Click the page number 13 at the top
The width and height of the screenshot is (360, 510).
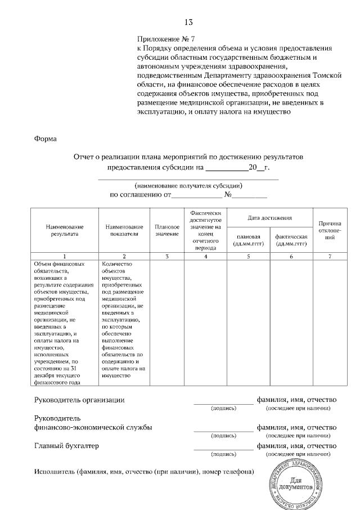click(188, 23)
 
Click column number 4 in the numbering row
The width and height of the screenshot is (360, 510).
click(205, 257)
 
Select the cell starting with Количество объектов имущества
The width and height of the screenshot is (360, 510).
click(123, 319)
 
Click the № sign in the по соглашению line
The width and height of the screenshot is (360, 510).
click(228, 195)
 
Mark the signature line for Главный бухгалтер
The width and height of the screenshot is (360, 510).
click(223, 449)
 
